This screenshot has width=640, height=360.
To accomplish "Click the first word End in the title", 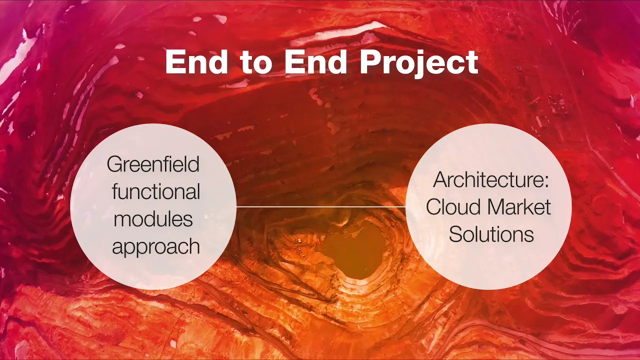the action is click(197, 62).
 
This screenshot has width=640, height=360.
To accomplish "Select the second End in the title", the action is click(315, 62).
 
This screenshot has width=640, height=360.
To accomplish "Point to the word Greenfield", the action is click(153, 164).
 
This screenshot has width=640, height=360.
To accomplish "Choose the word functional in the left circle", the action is click(156, 191).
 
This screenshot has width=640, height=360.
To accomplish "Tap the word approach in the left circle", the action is click(156, 247).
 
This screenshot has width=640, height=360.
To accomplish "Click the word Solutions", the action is click(491, 234).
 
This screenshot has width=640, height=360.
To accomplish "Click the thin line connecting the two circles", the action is click(321, 206).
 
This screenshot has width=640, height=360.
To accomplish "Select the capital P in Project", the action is click(369, 62).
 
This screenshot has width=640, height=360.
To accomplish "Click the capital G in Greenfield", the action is click(114, 164).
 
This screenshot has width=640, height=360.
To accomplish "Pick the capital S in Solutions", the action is click(455, 234).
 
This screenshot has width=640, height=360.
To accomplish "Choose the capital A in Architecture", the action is click(441, 179).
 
